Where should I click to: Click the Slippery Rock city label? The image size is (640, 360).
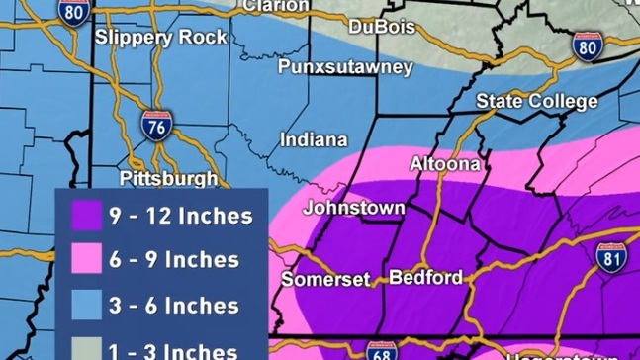[x=160, y=38]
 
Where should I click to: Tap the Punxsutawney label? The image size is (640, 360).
[x=344, y=67]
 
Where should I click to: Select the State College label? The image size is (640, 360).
[x=536, y=101]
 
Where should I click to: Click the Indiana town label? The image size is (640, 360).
[x=314, y=139]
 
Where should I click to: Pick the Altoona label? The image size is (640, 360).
[x=445, y=162]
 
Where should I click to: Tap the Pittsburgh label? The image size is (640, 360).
[x=168, y=178]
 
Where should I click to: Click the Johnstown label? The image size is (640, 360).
[x=353, y=208]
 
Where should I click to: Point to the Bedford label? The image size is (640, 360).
[x=425, y=277]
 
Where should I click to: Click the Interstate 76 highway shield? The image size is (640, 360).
[x=180, y=127]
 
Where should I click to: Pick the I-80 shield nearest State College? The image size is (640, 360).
[x=587, y=45]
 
